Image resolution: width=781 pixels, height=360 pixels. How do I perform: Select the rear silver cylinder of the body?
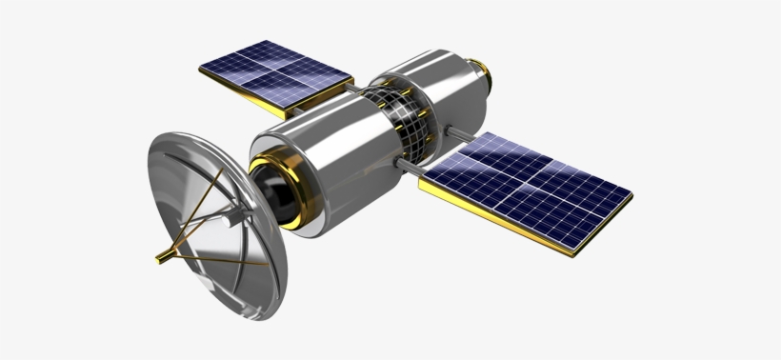click(x=433, y=90)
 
